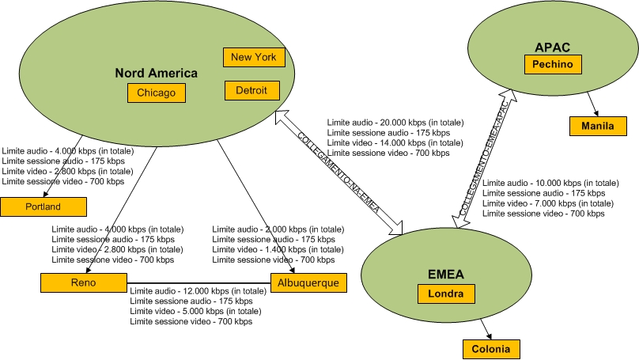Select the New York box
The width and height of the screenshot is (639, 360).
pos(253,57)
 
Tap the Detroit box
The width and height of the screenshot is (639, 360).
pos(252,91)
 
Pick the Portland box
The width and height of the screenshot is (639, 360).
pos(43,207)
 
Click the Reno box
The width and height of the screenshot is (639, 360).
pos(83,282)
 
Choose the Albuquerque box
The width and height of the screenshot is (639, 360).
pos(308,282)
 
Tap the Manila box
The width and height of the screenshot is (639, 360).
pos(598,125)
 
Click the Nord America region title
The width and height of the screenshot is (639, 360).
pos(157,73)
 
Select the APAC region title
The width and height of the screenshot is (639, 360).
pos(553,47)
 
